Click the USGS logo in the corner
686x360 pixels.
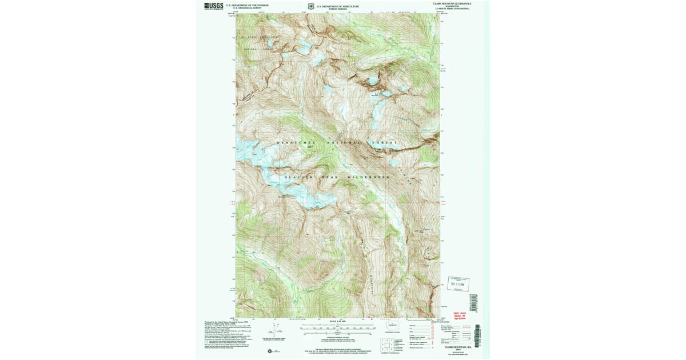[x=214, y=6]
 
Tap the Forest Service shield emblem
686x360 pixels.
[x=311, y=7]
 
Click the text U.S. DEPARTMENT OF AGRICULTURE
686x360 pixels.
[x=338, y=6]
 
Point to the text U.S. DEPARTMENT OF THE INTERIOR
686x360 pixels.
[x=247, y=5]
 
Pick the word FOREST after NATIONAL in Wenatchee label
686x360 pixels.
[x=384, y=142]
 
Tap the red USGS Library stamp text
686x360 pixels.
[x=460, y=314]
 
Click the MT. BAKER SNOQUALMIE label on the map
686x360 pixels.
[x=259, y=37]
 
